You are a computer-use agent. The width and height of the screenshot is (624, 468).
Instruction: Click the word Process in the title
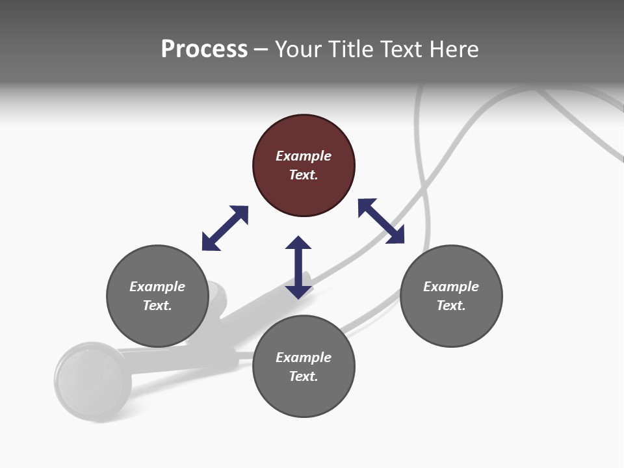[204, 49]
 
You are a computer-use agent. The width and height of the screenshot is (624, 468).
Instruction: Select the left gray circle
[157, 325]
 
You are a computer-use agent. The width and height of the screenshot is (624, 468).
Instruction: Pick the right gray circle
[451, 325]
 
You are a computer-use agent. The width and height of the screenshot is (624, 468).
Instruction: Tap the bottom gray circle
[304, 396]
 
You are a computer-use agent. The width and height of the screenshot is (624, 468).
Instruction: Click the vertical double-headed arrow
[298, 267]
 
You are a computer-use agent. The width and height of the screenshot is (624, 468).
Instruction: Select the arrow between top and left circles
[225, 228]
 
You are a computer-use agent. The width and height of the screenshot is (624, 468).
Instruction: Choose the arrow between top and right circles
[382, 221]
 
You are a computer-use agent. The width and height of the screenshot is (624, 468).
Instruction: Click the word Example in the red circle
[304, 156]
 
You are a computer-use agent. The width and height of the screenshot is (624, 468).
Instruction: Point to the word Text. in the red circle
[304, 175]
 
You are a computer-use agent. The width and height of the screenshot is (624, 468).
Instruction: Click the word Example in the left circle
[157, 287]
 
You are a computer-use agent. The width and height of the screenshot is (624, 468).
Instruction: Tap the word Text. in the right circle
[451, 305]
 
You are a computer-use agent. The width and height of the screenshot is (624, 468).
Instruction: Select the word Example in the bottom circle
[304, 357]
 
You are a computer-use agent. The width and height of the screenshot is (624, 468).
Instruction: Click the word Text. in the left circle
[157, 305]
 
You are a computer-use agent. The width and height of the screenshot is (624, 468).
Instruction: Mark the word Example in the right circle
[451, 287]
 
